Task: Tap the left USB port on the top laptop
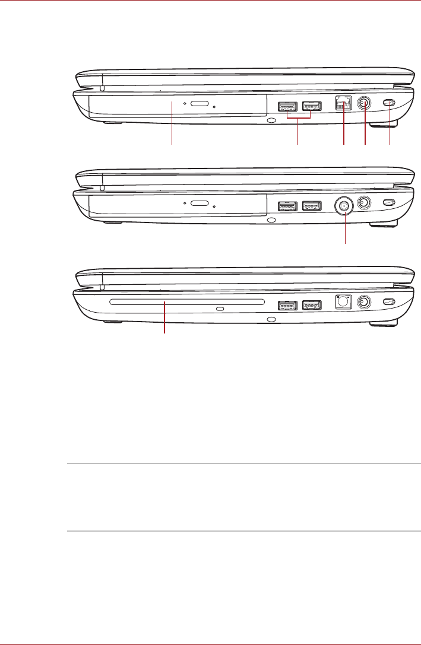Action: [x=287, y=107]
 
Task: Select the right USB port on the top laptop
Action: [x=311, y=107]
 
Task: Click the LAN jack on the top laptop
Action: [x=343, y=103]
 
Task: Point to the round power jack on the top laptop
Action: [x=365, y=103]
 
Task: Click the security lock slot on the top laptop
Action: [x=390, y=103]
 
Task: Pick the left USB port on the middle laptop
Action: [x=287, y=206]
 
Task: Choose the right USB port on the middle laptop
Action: [x=311, y=206]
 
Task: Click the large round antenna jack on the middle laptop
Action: [x=344, y=206]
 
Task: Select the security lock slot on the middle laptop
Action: [x=390, y=203]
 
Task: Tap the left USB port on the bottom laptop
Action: [x=287, y=306]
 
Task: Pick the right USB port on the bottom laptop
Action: [x=311, y=306]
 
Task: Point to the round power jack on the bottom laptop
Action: [x=365, y=302]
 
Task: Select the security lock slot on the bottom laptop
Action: [x=390, y=302]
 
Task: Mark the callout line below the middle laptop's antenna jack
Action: [x=344, y=231]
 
